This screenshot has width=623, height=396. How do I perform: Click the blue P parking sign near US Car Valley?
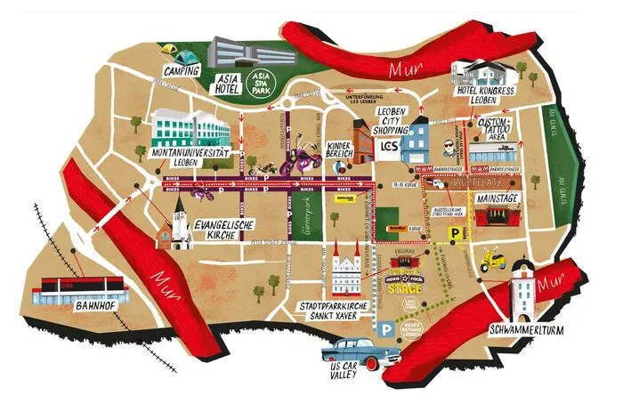point(384,330)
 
